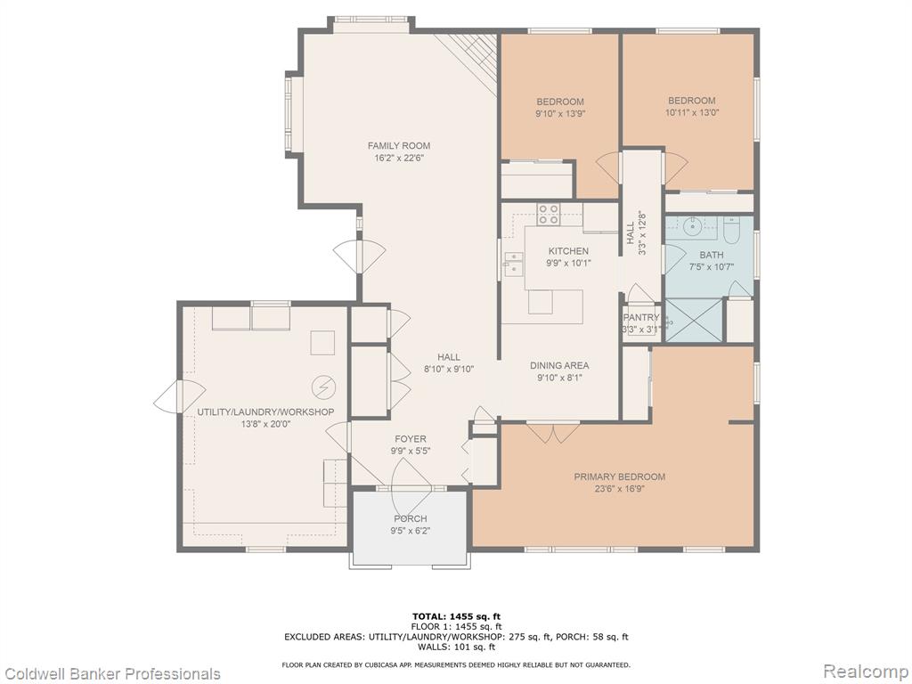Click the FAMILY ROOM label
point(398,145)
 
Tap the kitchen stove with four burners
point(548,214)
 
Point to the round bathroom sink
point(692,225)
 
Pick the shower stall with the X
point(693,320)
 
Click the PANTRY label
point(641,318)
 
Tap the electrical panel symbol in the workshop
point(323,386)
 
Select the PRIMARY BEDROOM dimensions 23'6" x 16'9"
point(620,489)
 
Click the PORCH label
point(410,518)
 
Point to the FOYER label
point(410,439)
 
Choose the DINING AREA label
point(559,365)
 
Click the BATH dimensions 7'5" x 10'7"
point(712,267)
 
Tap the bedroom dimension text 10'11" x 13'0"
point(691,113)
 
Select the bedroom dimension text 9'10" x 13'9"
point(560,114)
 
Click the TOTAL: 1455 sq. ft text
point(456,616)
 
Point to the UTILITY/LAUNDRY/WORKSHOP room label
point(265,411)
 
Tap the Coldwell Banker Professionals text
point(111,673)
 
